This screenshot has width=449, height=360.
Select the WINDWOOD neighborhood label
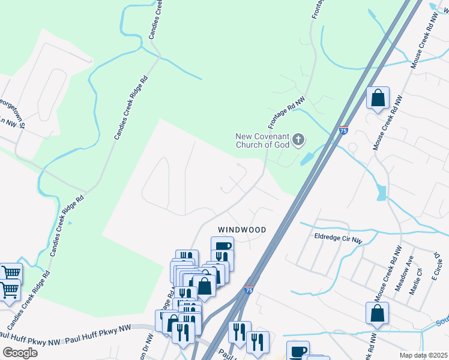pos(242,230)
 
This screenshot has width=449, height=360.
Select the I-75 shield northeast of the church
pos(343,130)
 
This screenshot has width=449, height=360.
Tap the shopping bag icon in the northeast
pos(378,97)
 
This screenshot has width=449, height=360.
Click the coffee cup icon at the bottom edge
pos(298,351)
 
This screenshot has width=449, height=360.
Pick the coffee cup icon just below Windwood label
pos(222,246)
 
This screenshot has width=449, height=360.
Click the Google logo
pos(20,352)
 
